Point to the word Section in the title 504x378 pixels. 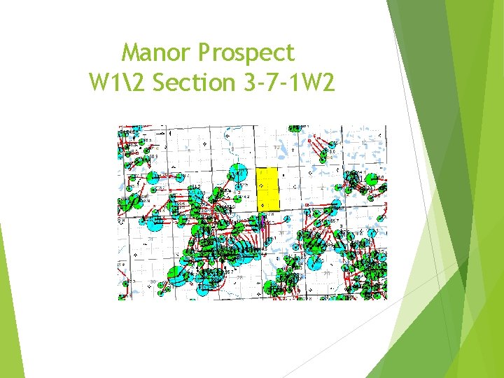pyautogui.click(x=195, y=83)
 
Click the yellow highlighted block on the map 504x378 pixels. pyautogui.click(x=268, y=189)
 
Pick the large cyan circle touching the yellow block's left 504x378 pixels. pyautogui.click(x=238, y=172)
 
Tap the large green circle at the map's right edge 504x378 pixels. pyautogui.click(x=372, y=179)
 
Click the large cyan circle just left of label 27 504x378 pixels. pyautogui.click(x=314, y=262)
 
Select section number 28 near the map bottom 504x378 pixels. pyautogui.click(x=240, y=278)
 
